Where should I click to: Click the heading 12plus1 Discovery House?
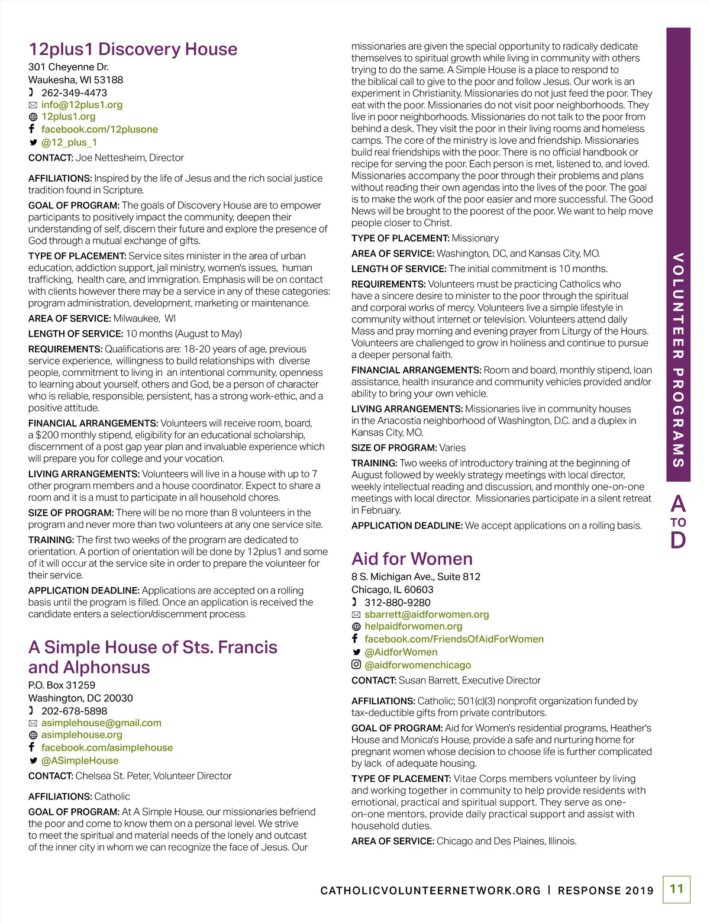(133, 49)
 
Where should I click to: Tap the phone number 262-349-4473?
(74, 93)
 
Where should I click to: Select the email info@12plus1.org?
(82, 105)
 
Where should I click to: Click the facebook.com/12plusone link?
(99, 130)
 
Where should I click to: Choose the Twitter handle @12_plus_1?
(69, 143)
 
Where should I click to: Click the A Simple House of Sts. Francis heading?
(153, 647)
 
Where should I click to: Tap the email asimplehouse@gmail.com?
(101, 723)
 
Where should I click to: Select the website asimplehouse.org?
(82, 735)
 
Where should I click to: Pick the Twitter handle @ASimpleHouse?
(80, 761)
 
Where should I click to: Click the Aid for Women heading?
(412, 559)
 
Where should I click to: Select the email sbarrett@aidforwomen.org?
(427, 615)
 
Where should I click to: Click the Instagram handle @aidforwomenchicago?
(418, 665)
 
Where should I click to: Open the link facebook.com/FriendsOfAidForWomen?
(454, 640)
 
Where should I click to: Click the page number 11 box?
(676, 889)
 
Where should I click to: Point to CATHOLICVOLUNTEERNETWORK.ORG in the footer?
(430, 891)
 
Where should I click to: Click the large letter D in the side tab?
(678, 540)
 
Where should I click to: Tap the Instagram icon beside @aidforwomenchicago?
(356, 665)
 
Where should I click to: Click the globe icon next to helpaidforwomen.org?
(356, 627)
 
